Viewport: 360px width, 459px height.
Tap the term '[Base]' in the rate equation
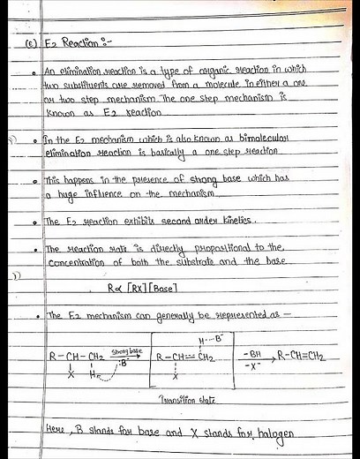pyautogui.click(x=170, y=287)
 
